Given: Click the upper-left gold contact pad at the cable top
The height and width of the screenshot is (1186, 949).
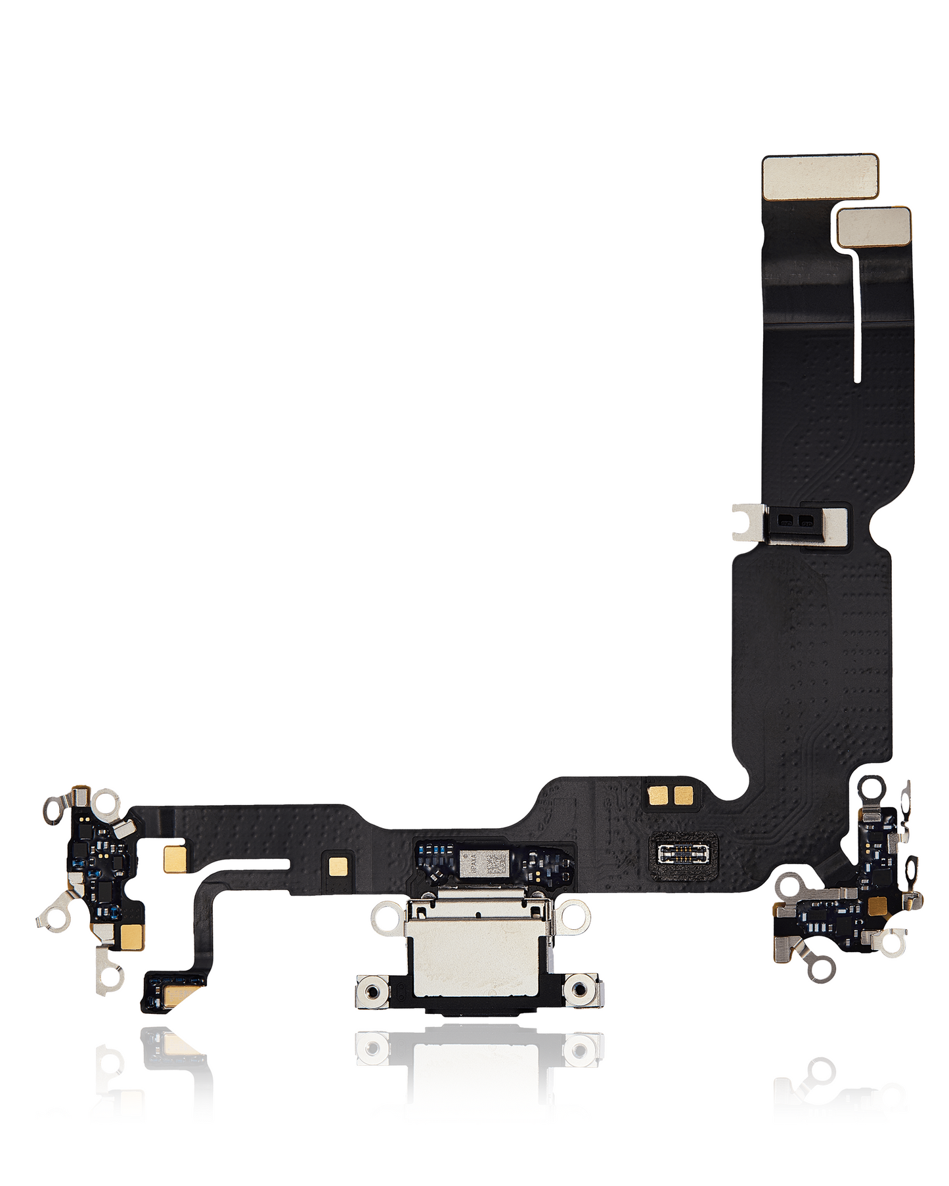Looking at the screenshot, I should (x=820, y=177).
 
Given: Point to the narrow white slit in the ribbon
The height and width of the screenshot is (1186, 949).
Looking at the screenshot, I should (x=856, y=315).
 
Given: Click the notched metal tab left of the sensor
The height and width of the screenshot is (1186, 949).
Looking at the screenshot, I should (x=748, y=521).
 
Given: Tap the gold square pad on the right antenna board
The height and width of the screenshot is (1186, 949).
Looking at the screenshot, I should (x=877, y=907).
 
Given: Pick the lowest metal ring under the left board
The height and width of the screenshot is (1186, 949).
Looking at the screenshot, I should (x=110, y=976).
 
